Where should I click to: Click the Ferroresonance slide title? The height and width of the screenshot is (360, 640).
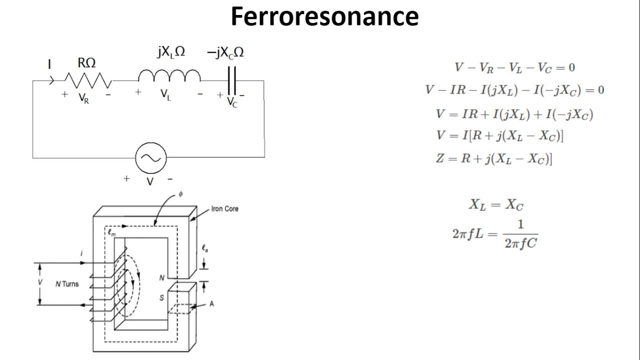pos(324,17)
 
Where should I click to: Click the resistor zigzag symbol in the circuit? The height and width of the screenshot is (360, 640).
pos(87,80)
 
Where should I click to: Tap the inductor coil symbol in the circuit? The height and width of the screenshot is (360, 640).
pos(169,76)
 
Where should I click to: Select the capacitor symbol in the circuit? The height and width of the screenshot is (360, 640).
pos(231,80)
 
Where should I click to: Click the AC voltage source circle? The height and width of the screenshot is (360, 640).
pos(150,158)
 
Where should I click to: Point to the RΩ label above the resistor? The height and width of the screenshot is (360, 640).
pos(86,63)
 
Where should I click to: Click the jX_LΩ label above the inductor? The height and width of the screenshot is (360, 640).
pos(170,52)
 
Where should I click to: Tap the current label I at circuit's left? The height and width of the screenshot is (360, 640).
pos(49,64)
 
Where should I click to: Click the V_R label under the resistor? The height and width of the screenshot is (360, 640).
pos(84,98)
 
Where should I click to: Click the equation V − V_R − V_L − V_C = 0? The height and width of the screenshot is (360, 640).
pos(514,67)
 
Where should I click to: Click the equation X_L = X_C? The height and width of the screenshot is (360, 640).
pos(495,204)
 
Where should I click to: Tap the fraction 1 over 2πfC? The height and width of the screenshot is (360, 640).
pos(521,234)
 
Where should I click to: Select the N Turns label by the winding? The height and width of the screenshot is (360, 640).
pos(67,284)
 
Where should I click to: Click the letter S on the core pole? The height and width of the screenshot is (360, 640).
pos(161,297)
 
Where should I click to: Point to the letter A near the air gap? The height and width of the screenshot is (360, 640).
pos(211,303)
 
